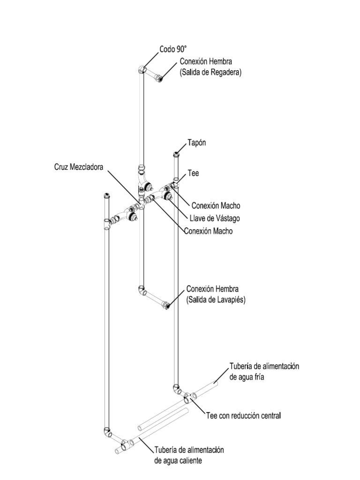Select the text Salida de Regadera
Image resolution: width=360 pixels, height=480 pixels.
click(x=211, y=73)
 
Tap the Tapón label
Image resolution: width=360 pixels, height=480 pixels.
click(x=196, y=143)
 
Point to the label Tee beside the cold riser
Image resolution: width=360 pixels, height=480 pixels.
click(x=193, y=173)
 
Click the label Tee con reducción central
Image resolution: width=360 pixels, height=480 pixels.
click(x=243, y=415)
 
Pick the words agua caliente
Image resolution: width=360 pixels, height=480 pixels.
click(x=178, y=460)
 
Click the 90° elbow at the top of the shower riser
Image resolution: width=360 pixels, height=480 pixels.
click(x=142, y=70)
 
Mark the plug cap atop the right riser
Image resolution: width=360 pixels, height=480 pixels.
click(x=176, y=153)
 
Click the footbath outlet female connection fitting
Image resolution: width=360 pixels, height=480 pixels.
click(x=166, y=307)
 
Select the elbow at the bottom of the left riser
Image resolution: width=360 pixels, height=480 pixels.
click(x=107, y=431)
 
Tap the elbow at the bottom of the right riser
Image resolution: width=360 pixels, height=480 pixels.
click(x=176, y=389)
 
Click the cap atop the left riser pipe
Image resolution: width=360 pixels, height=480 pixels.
click(x=106, y=195)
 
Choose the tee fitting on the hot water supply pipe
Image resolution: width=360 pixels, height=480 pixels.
click(x=125, y=443)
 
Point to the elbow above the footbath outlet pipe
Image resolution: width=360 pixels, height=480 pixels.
click(x=142, y=290)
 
